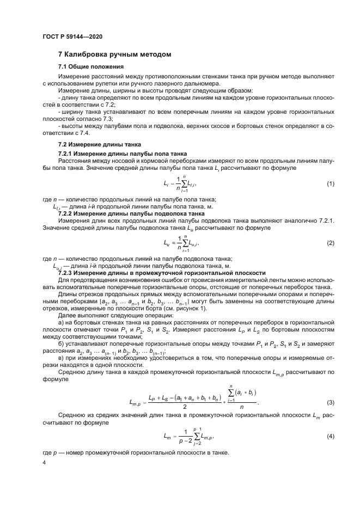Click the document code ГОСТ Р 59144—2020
(x=72, y=36)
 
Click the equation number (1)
(x=330, y=185)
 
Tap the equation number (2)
(x=330, y=243)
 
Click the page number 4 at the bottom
(x=45, y=463)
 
